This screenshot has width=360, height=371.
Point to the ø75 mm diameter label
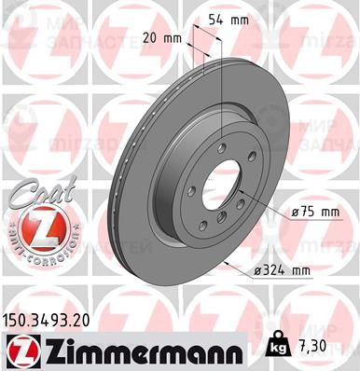click(314, 213)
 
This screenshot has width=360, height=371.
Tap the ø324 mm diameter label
click(280, 271)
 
